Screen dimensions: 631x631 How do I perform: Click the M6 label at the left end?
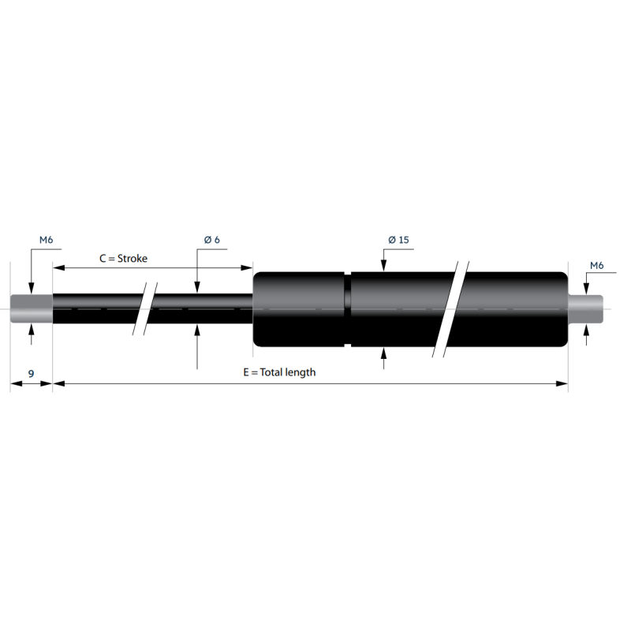pos(47,240)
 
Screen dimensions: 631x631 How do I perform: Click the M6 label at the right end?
pos(597,266)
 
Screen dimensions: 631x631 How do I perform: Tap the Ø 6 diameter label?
pos(211,240)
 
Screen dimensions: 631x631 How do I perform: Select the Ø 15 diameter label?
pos(398,240)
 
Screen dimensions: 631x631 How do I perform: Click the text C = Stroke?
pos(124,259)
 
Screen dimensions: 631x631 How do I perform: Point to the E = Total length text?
pos(279,372)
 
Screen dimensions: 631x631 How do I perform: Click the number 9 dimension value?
pos(31,374)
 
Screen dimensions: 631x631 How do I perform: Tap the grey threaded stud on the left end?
pos(32,308)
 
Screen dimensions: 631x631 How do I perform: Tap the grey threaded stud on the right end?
pos(585,308)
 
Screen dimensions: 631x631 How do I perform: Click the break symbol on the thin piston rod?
pos(145,308)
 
